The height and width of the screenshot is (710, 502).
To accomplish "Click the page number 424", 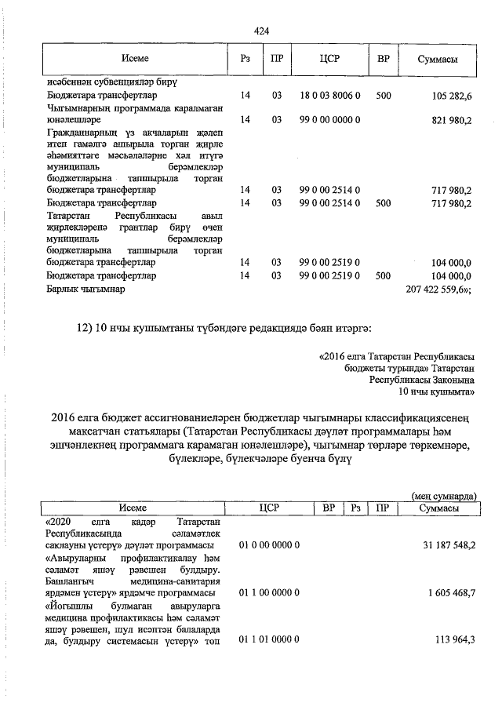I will (x=262, y=31).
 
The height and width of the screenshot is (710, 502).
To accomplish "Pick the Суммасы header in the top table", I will (x=438, y=60).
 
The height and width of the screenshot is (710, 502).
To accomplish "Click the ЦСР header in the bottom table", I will (x=269, y=508).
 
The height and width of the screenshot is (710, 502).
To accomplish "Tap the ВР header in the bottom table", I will (x=329, y=508).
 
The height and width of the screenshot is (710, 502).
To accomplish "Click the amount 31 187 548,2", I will (x=444, y=544).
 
